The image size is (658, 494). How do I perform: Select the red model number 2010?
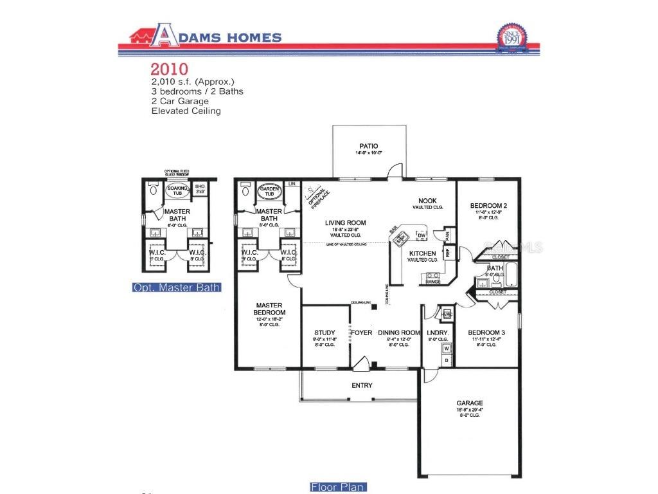169,69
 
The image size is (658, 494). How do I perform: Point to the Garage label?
469,403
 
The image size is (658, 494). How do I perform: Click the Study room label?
325,333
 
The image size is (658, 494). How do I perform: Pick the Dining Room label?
399,333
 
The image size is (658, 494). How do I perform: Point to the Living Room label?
345,223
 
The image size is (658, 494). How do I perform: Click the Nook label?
428,201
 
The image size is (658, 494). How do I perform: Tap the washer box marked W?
447,348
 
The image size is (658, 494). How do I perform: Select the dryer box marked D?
447,360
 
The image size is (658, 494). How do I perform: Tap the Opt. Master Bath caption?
177,288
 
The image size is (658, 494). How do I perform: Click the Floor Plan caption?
337,487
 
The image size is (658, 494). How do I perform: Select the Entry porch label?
362,385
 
